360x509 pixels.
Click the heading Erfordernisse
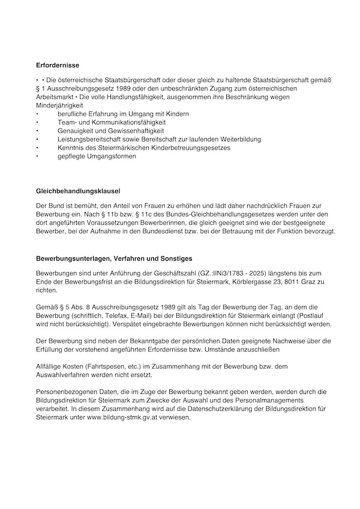(x=58, y=64)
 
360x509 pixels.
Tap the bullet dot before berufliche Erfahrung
(x=38, y=113)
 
